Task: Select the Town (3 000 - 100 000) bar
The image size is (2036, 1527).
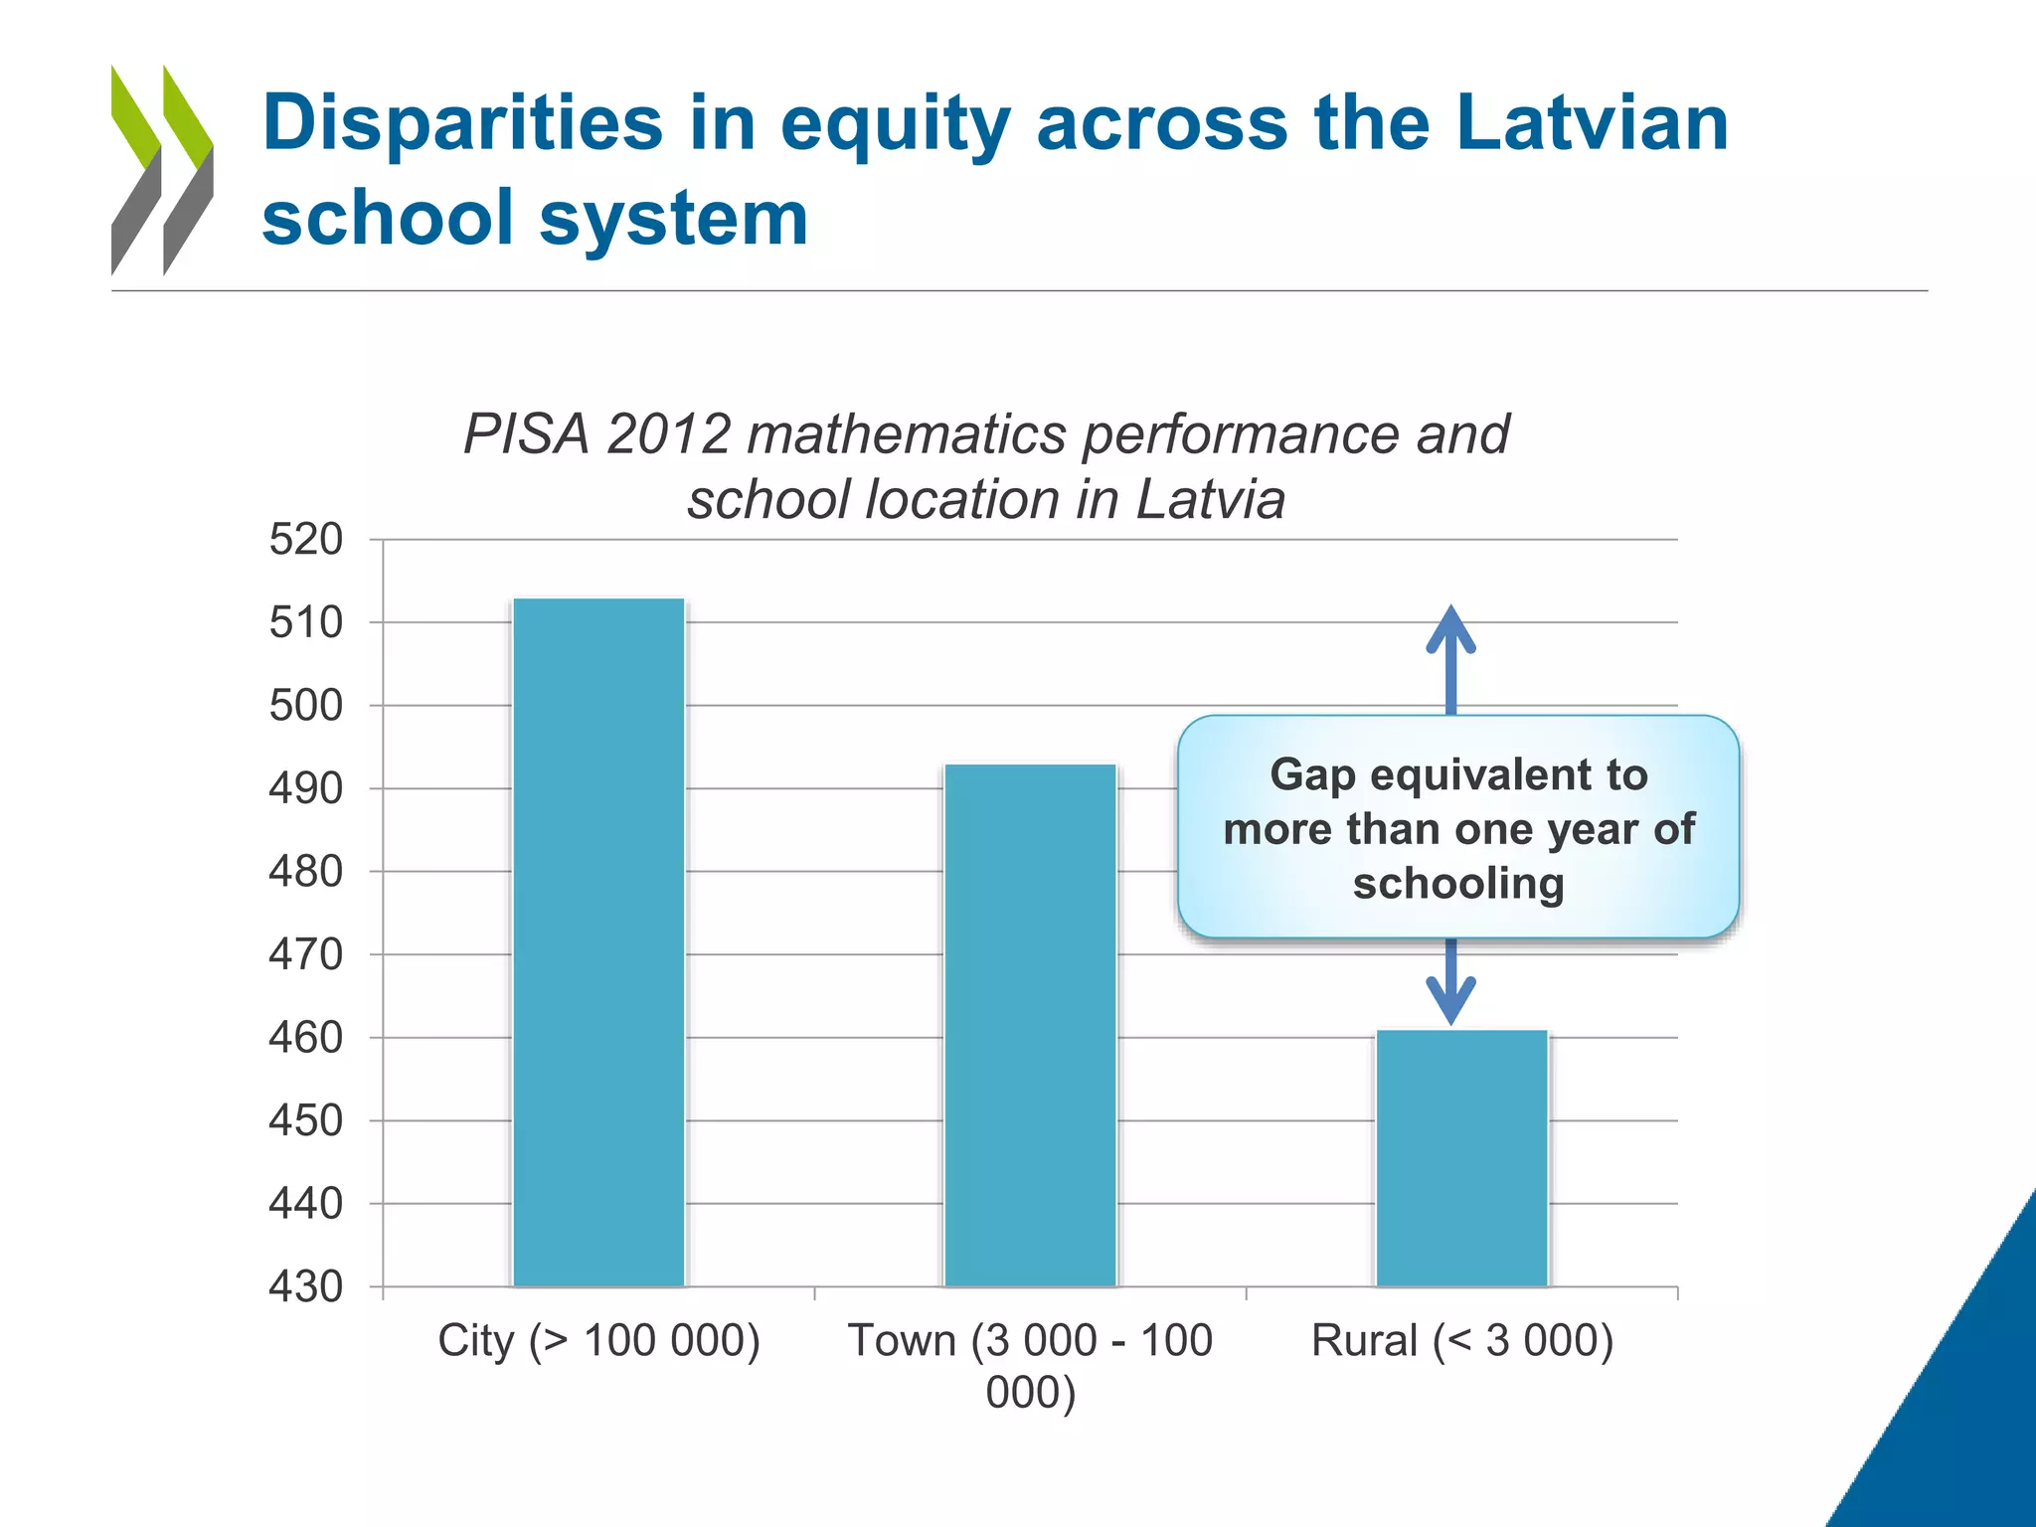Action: (1030, 1025)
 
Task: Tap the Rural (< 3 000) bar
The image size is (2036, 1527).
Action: (1461, 1158)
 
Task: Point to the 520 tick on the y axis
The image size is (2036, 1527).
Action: (306, 540)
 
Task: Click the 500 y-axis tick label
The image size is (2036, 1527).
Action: (306, 706)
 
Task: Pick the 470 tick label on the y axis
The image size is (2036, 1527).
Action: (306, 954)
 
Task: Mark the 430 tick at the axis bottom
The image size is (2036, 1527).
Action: (306, 1286)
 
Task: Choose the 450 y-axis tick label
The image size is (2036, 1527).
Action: (306, 1120)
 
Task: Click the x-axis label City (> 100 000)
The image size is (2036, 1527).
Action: (598, 1340)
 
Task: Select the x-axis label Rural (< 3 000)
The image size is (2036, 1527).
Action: (1461, 1340)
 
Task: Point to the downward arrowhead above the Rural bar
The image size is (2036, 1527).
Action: (1450, 999)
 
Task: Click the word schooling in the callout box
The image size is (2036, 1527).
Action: (1458, 884)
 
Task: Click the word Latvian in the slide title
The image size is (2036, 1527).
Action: (1592, 123)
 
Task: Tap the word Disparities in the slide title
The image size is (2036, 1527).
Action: (462, 123)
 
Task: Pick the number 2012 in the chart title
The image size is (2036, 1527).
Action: (668, 434)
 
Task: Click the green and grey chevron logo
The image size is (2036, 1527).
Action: (162, 170)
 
